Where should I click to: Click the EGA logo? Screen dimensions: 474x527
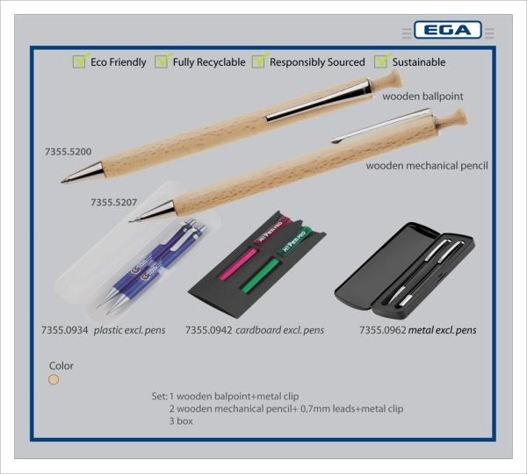coord(447,31)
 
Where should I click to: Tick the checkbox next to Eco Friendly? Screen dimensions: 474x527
coord(80,61)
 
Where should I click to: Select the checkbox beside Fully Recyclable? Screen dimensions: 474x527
coord(162,61)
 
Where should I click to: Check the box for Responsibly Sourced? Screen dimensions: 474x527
coord(259,61)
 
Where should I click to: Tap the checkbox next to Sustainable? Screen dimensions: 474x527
coord(381,61)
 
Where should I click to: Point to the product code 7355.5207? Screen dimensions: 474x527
coord(113,202)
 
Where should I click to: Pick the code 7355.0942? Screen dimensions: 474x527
coord(208,330)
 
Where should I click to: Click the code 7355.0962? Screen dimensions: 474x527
coord(382,330)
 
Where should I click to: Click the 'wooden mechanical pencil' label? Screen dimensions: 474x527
coord(427,165)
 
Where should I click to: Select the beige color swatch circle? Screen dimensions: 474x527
coord(54,380)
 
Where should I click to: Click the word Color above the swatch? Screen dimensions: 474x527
coord(61,366)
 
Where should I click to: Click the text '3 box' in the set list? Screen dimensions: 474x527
coord(181,420)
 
